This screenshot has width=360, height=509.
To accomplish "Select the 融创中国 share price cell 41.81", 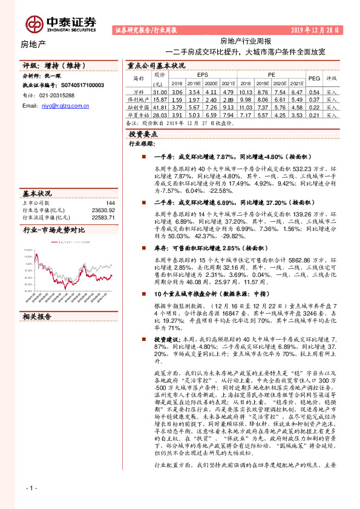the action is [160, 106].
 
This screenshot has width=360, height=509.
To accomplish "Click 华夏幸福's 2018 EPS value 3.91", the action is [176, 114].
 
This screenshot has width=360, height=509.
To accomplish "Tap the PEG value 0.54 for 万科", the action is [314, 91].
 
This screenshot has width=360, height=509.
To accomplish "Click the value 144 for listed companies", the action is [110, 203].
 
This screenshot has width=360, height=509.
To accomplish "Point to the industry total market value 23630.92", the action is [103, 210].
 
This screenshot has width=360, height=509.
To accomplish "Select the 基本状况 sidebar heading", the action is [38, 193].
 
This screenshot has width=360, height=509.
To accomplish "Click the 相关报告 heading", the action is [38, 316].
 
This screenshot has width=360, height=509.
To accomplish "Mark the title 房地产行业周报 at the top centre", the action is [246, 41].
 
